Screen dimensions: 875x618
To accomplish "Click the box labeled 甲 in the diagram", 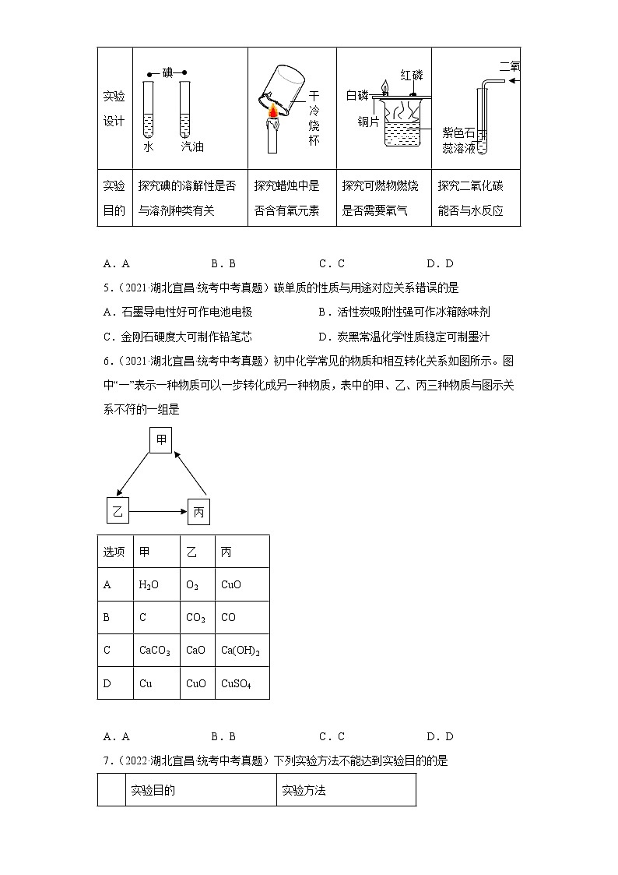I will point(161,440).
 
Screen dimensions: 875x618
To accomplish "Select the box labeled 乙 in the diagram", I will point(117,511).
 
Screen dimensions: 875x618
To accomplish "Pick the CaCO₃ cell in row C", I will point(154,651).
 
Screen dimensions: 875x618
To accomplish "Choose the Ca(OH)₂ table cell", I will point(240,651).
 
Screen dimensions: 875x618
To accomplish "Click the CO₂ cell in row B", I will point(195,618).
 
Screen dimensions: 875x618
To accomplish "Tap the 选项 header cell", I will point(114,552).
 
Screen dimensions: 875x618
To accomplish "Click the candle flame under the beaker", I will point(273,116).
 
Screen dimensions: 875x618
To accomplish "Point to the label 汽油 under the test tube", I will point(191,146).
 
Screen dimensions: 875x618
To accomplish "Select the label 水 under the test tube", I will point(148,146).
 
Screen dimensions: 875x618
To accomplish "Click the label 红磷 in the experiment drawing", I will point(412,75).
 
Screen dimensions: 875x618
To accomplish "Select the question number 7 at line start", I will point(105,760).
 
